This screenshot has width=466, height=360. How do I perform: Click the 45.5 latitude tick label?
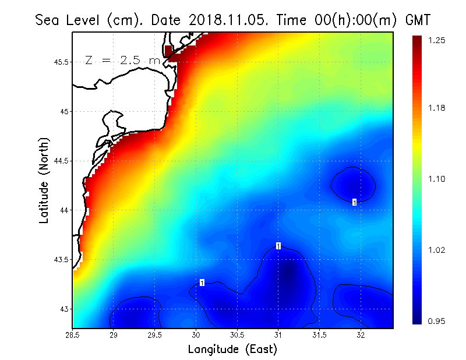coord(61,62)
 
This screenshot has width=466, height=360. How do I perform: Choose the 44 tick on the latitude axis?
coord(65,210)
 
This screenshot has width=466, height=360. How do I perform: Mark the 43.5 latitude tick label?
coord(61,260)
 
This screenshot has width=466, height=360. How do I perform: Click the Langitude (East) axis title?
coord(232,350)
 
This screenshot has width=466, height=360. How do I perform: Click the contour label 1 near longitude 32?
coord(354,202)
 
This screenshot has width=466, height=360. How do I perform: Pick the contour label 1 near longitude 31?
coord(278,246)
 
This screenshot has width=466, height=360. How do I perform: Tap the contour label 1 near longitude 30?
coord(202,283)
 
